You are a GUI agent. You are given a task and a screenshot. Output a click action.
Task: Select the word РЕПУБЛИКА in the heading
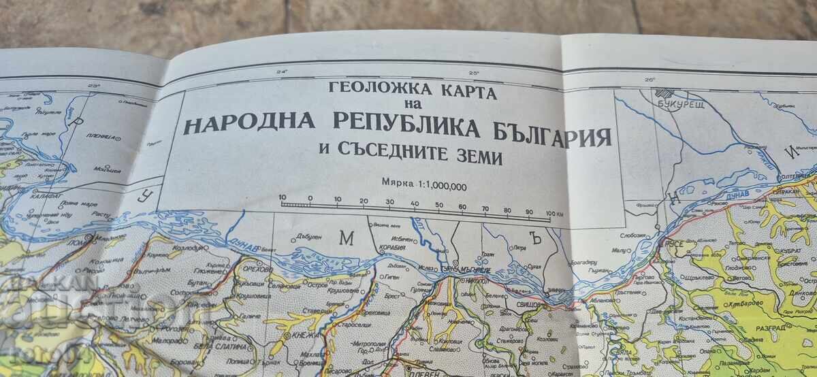pos(387,127)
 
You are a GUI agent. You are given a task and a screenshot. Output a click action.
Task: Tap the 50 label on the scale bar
pos(438,203)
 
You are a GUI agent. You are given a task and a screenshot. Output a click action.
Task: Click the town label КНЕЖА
pos(300,335)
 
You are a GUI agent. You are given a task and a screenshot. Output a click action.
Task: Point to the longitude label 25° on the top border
pos(473,73)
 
